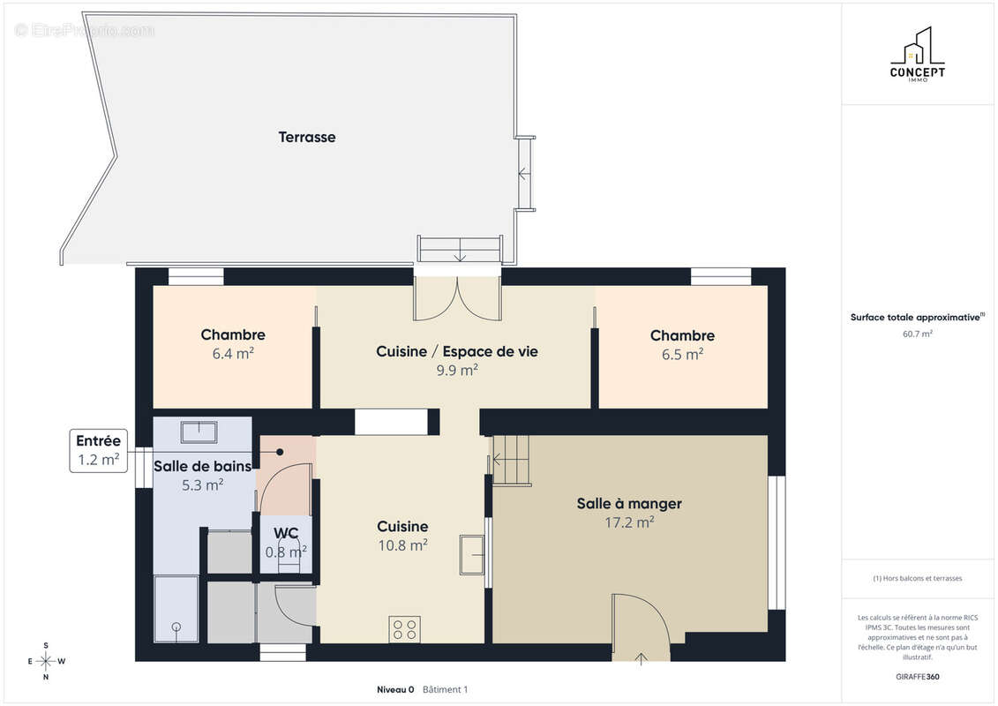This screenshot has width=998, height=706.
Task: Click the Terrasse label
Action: (307, 137)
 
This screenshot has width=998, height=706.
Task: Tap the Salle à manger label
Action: (629, 504)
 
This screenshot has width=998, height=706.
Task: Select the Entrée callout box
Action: (99, 451)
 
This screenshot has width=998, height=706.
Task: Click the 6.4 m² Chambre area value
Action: (233, 353)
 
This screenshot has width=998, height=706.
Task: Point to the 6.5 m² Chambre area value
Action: (682, 354)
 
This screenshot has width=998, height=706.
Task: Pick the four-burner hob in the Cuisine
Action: (405, 629)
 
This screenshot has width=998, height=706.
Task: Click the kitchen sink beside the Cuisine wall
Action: (471, 554)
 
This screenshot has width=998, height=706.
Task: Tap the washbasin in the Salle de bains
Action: (199, 432)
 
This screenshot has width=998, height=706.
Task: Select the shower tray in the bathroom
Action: (176, 609)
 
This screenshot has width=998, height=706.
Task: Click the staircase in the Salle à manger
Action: (511, 460)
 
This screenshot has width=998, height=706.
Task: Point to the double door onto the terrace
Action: (457, 298)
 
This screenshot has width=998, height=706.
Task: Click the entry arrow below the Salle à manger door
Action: (641, 659)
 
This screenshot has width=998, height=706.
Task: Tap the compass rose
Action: (46, 662)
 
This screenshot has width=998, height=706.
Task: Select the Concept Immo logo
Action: (917, 54)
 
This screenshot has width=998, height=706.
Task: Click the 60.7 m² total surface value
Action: (917, 334)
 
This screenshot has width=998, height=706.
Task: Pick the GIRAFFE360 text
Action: (917, 677)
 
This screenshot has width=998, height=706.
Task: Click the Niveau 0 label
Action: (395, 689)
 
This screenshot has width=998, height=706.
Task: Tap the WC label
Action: (286, 534)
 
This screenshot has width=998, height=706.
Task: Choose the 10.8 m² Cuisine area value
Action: (402, 545)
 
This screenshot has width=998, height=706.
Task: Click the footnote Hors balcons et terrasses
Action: (917, 578)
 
